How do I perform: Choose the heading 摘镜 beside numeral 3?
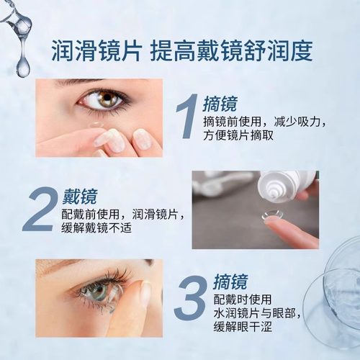tap(233, 282)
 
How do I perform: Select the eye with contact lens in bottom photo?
tap(94, 292)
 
